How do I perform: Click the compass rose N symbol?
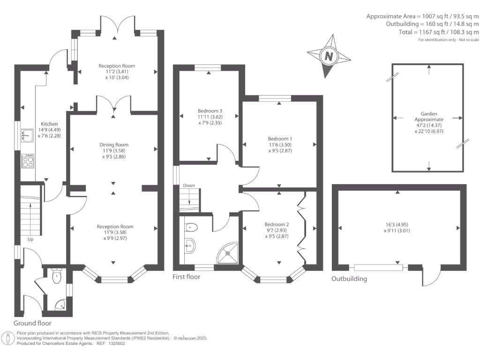329,56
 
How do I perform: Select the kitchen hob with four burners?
28,162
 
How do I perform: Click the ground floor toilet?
57,277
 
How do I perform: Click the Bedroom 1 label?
280,139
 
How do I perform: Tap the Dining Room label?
113,145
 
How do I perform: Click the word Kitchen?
49,124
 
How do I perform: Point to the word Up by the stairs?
30,239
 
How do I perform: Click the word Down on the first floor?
189,186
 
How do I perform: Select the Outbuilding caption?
349,279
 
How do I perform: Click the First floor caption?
186,277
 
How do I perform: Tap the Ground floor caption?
32,323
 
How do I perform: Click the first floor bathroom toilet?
192,228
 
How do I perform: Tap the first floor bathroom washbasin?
189,244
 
